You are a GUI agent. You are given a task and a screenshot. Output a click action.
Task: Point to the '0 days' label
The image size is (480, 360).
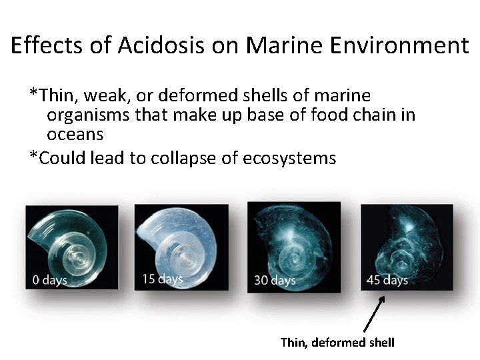[50, 280]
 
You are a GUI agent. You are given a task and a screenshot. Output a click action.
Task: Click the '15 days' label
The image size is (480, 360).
[162, 278]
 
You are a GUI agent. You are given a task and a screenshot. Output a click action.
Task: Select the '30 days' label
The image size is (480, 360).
[275, 281]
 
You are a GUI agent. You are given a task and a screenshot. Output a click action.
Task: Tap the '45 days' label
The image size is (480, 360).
[387, 280]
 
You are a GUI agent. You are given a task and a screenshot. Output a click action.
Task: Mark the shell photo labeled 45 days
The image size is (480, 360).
[407, 247]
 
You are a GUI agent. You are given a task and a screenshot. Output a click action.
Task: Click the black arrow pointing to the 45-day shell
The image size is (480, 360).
[375, 315]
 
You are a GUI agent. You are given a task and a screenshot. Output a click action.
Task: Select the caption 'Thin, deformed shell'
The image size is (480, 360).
[337, 343]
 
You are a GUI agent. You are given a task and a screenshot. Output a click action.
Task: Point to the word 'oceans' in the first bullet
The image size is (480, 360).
[75, 134]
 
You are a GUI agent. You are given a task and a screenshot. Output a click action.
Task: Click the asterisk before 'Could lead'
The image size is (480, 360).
[33, 157]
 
